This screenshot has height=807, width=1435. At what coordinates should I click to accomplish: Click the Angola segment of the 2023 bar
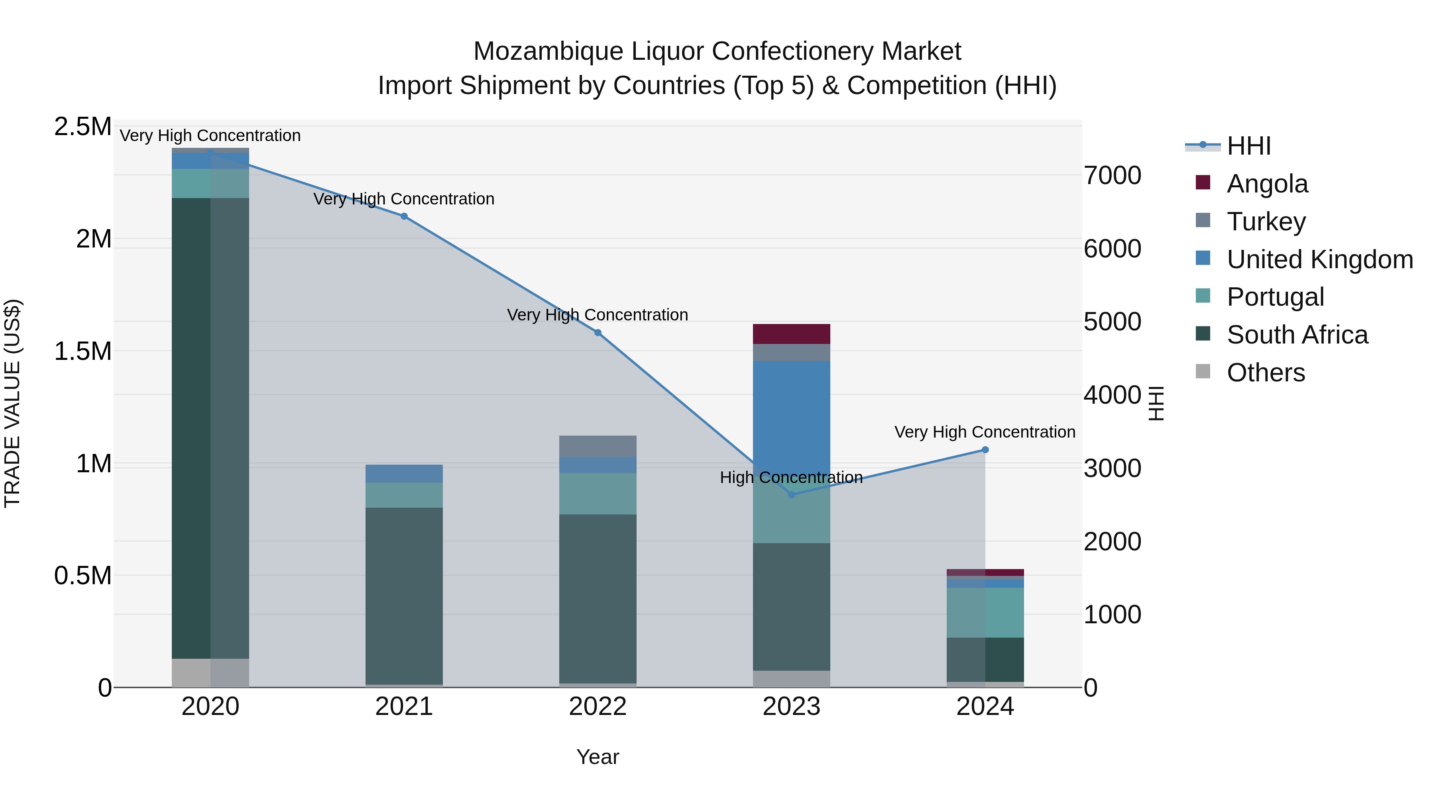(x=791, y=334)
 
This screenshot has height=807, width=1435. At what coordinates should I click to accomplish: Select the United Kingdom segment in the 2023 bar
(x=791, y=418)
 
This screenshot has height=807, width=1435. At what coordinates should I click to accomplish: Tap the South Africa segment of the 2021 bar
(x=404, y=595)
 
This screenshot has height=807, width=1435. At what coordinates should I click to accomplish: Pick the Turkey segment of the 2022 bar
(x=598, y=446)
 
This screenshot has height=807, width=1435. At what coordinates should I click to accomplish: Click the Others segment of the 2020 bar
(x=210, y=673)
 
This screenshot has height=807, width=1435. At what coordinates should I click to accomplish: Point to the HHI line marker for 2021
(x=404, y=216)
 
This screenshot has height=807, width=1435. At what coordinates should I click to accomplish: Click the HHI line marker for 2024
(x=985, y=450)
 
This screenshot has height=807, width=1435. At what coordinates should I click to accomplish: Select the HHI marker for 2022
(x=598, y=332)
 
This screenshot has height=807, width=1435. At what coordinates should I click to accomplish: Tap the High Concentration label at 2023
(x=791, y=477)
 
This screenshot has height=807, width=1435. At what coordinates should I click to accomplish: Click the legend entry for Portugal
(x=1275, y=297)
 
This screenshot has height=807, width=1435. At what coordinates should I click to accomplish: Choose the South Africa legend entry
(x=1297, y=335)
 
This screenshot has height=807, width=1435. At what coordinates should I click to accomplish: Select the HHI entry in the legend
(x=1248, y=146)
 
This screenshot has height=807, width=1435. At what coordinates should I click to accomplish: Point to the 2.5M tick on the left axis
(x=83, y=127)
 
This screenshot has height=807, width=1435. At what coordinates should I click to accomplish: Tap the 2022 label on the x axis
(x=598, y=707)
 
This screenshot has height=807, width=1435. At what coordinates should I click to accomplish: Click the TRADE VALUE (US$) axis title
(x=12, y=403)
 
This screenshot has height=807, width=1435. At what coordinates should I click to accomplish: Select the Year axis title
(x=598, y=757)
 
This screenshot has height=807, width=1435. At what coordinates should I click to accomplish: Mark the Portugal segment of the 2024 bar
(x=985, y=612)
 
